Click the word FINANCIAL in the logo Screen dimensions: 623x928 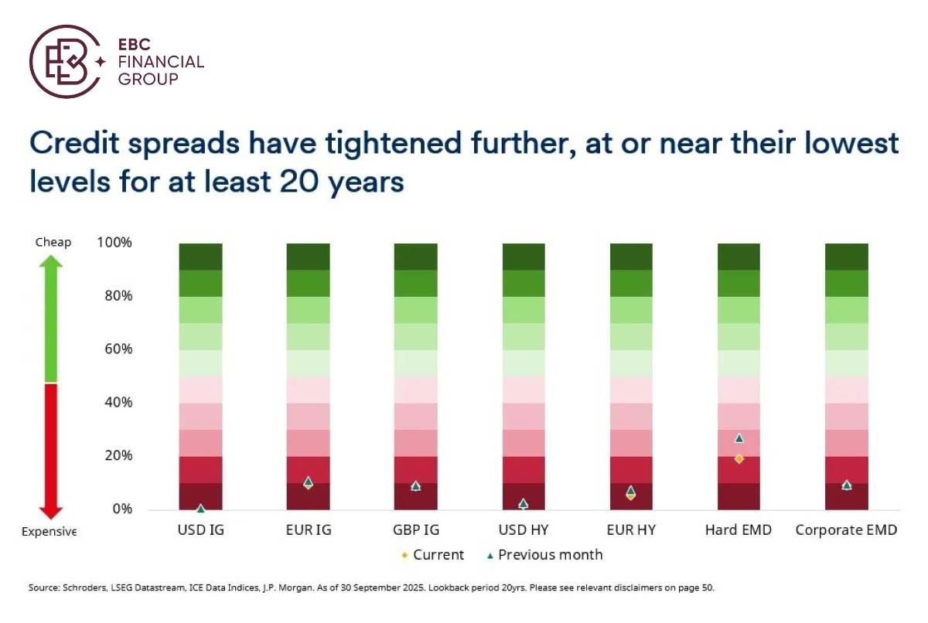161,62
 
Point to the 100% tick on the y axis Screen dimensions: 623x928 114,243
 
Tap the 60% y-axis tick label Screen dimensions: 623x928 117,349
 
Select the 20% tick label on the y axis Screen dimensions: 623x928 117,456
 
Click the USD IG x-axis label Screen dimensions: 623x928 200,531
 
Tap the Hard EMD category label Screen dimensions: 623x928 739,531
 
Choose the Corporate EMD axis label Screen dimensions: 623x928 847,531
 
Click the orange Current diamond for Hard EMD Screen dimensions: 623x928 739,458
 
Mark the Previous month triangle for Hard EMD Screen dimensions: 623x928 739,438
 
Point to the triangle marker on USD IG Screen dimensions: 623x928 200,509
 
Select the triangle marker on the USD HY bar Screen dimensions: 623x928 524,503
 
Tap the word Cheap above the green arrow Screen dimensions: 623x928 53,243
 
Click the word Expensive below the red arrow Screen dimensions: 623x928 49,532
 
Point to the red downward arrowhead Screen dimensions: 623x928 51,512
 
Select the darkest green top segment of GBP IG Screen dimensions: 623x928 416,257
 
